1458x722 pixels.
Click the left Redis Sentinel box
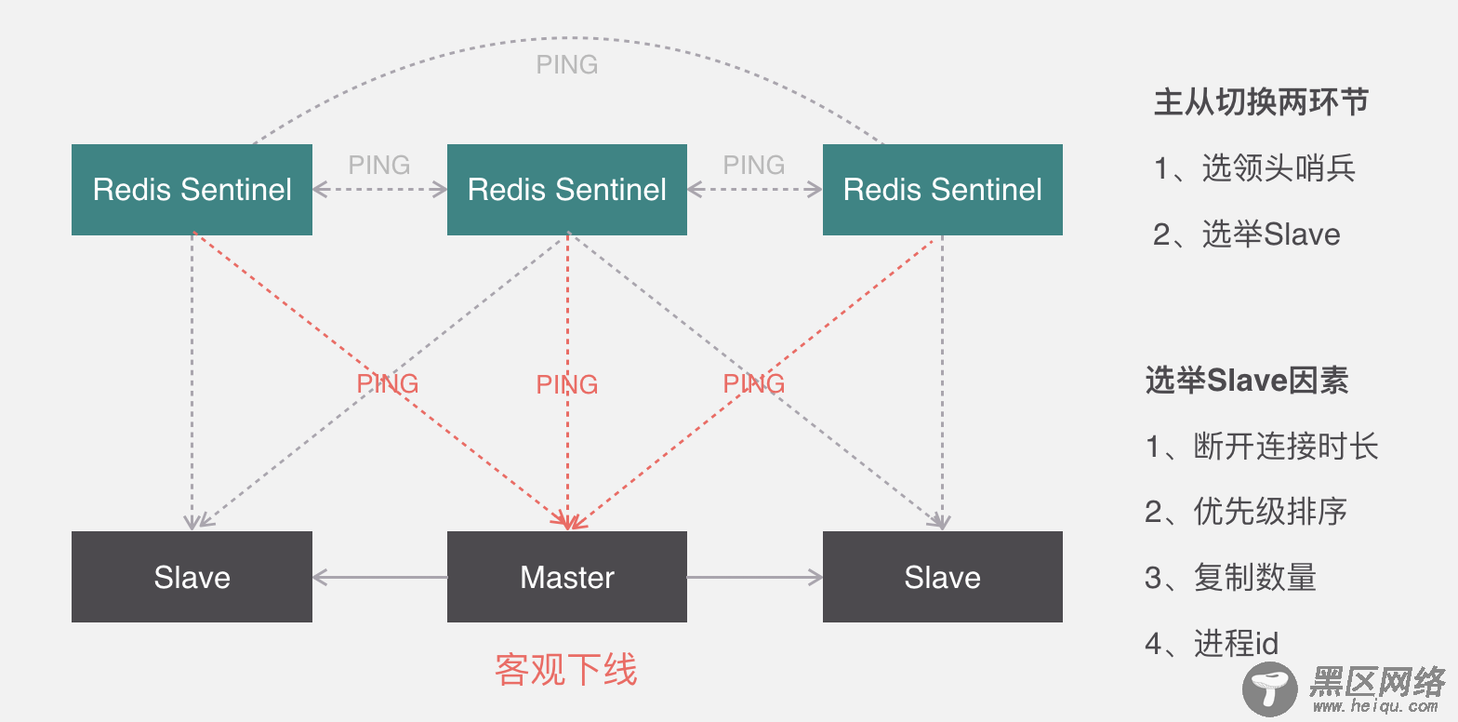192,190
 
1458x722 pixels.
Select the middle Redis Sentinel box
567,190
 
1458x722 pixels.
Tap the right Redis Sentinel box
942,190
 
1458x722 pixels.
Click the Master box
567,577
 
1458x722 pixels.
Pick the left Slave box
192,577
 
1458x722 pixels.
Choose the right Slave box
942,577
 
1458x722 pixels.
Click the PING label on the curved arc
567,65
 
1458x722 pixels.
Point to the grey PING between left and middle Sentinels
379,165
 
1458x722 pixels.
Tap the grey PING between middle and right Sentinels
754,165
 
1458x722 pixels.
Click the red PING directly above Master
567,384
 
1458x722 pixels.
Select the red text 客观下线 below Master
566,669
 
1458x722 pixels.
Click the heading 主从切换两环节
1261,102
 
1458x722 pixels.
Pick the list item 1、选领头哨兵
1254,168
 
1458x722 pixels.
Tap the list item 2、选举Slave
1247,234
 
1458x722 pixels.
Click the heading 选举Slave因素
1247,381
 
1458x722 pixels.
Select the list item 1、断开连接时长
1262,447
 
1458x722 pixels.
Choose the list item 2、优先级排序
1246,512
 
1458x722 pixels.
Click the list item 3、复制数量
1230,578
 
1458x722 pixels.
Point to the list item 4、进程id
1212,643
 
